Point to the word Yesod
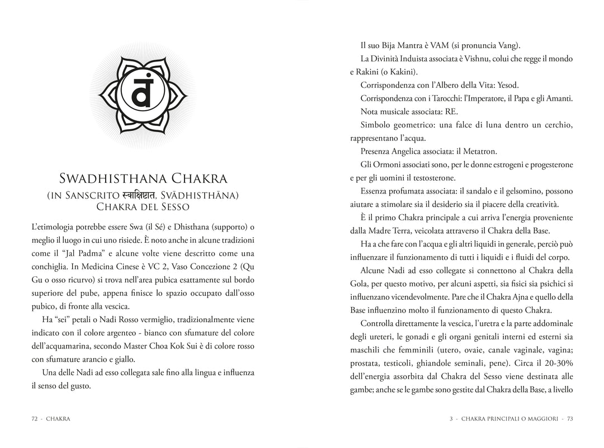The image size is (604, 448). coord(508,86)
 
